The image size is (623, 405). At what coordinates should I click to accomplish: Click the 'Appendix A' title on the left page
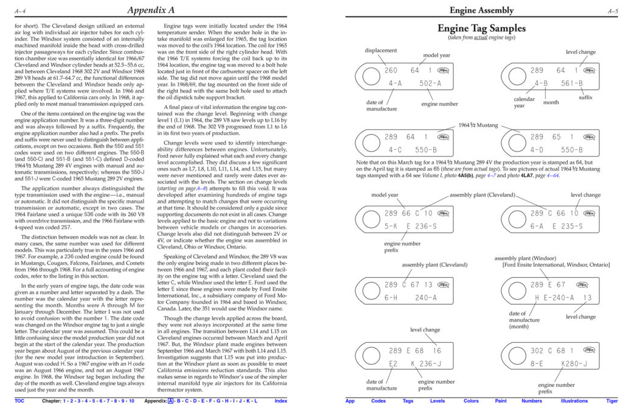[151, 10]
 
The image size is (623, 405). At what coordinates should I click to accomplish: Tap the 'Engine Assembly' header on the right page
[481, 10]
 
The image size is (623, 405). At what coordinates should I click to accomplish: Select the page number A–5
[613, 10]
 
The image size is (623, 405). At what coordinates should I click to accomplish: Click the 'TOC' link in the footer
[20, 401]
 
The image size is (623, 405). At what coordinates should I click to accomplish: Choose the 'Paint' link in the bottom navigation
[501, 401]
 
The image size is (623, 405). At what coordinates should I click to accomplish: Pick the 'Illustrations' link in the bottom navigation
[574, 401]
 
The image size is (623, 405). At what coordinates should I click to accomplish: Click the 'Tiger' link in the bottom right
[612, 401]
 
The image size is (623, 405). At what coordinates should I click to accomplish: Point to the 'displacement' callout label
[381, 51]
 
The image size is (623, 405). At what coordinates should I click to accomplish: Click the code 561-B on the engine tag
[572, 83]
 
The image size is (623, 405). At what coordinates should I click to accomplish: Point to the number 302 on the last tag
[537, 351]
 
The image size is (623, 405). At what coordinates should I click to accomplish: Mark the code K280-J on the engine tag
[574, 364]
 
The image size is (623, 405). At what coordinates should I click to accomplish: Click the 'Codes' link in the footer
[378, 401]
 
